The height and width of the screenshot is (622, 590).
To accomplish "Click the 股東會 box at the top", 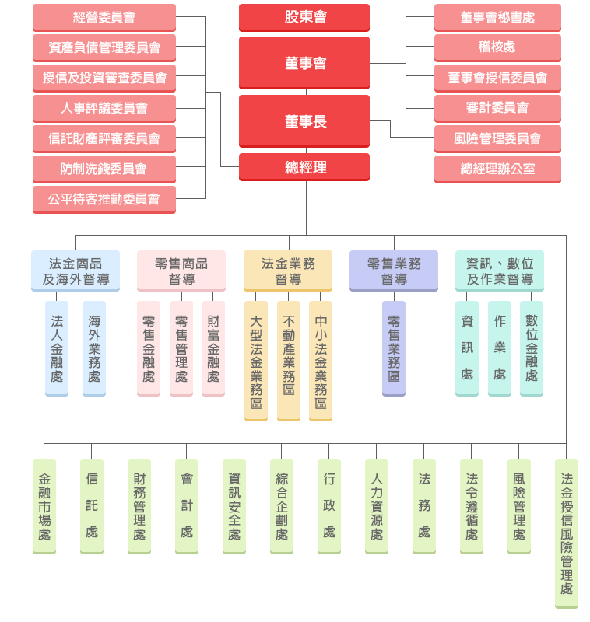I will click(304, 16).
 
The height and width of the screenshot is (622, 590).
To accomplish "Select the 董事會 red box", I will click(304, 62).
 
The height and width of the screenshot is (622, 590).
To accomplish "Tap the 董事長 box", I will click(304, 121).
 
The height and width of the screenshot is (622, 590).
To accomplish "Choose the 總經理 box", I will click(304, 166).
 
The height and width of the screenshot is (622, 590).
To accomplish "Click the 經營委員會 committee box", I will click(104, 17).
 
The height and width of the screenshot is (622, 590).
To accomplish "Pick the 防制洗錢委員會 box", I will click(104, 168).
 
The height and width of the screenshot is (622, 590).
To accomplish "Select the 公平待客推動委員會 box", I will click(104, 198).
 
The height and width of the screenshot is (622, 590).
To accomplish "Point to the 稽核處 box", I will click(497, 47).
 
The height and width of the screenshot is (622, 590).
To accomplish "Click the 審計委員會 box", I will click(497, 107).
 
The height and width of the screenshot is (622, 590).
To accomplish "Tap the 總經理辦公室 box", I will click(497, 168).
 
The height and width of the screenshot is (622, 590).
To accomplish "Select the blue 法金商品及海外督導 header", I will click(76, 271).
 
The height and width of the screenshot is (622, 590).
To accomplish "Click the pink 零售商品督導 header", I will click(181, 271).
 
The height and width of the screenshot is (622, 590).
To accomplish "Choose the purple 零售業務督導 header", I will click(393, 271).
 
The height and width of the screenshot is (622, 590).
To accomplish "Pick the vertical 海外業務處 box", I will click(94, 348).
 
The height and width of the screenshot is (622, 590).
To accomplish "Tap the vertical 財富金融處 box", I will click(213, 348).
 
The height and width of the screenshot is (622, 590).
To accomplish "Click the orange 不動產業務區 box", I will click(288, 360).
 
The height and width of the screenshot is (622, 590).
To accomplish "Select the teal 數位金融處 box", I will click(532, 348).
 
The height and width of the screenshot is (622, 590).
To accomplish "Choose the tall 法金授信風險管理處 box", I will click(567, 533).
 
